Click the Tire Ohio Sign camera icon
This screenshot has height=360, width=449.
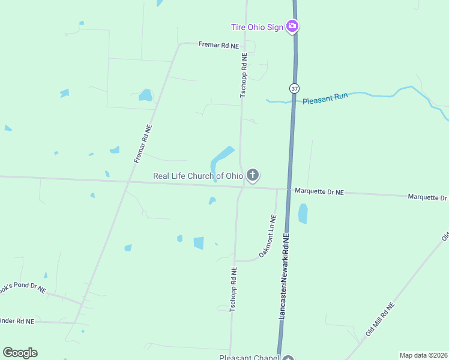click(x=292, y=26)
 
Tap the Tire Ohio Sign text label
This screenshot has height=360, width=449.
click(x=257, y=27)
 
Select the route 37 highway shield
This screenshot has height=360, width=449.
click(x=294, y=88)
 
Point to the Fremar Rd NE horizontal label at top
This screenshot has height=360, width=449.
click(x=218, y=46)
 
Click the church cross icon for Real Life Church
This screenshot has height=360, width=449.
click(x=253, y=175)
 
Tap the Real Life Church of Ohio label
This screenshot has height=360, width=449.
click(x=198, y=176)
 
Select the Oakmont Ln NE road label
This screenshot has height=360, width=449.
click(x=268, y=236)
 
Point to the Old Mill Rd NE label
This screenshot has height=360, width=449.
click(x=380, y=319)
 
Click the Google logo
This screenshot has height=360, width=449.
click(x=20, y=353)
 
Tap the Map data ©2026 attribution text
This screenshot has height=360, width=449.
click(x=423, y=355)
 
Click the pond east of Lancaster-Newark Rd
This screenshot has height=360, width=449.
click(x=303, y=214)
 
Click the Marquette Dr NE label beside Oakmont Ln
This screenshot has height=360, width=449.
click(x=319, y=191)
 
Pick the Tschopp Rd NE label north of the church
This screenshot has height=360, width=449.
click(x=244, y=75)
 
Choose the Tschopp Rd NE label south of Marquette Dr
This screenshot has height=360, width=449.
click(x=233, y=289)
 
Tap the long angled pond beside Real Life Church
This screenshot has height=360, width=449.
click(x=221, y=158)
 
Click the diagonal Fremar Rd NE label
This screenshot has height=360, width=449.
click(x=142, y=144)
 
